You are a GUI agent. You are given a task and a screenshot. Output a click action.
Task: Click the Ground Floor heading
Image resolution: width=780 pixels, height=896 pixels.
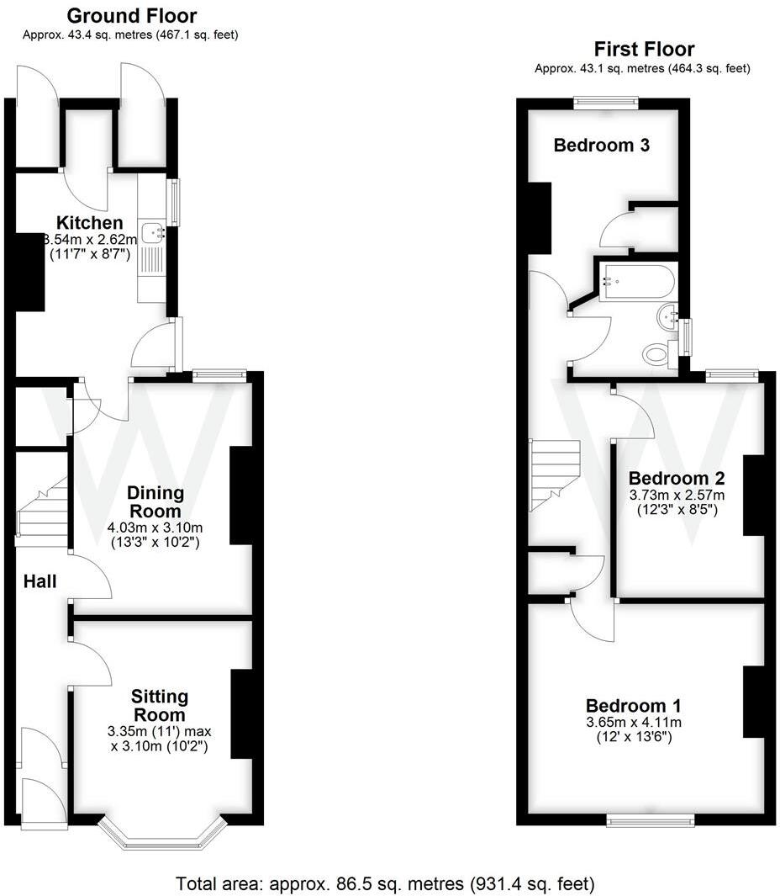click(x=132, y=15)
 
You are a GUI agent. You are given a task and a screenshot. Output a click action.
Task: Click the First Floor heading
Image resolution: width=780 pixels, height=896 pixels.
click(x=644, y=49)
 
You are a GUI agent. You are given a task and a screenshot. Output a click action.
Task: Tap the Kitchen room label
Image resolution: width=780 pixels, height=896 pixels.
click(x=90, y=223)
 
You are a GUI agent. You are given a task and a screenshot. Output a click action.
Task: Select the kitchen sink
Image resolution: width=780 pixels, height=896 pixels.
click(x=153, y=233)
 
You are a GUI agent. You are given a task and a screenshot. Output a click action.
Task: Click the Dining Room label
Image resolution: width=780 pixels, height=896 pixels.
click(x=155, y=502)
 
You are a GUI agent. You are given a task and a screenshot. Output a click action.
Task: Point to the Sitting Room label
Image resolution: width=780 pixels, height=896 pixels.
click(x=159, y=705)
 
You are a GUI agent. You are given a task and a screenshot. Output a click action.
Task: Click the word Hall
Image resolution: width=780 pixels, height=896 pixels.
click(x=40, y=581)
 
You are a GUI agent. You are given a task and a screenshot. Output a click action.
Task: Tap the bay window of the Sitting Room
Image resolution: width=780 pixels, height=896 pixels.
click(x=163, y=834)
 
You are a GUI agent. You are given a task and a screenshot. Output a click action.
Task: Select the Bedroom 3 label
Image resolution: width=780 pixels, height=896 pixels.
click(x=601, y=146)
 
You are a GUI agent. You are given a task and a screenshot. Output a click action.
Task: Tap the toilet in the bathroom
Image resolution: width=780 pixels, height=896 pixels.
click(x=656, y=354)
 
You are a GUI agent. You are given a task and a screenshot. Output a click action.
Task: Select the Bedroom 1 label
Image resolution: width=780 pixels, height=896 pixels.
click(x=634, y=705)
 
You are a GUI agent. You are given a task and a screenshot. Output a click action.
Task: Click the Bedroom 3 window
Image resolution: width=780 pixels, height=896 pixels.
click(x=605, y=102)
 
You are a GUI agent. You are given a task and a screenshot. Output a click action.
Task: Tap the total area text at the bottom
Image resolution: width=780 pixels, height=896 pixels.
click(x=385, y=884)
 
